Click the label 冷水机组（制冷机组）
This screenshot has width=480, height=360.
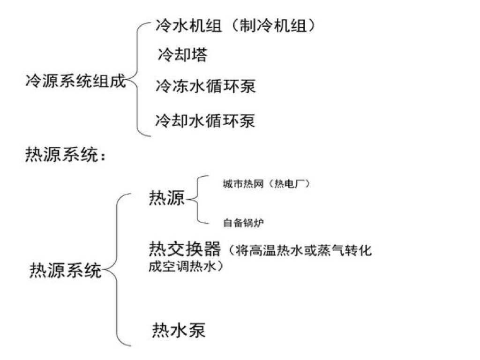coord(235,26)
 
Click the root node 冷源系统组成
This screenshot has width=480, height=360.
coord(75,82)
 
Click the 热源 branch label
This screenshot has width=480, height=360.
coord(167,198)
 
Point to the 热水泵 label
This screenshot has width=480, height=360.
coord(179,330)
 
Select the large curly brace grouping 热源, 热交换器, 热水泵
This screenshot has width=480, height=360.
coord(117,270)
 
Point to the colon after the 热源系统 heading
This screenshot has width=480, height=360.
coord(103,157)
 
